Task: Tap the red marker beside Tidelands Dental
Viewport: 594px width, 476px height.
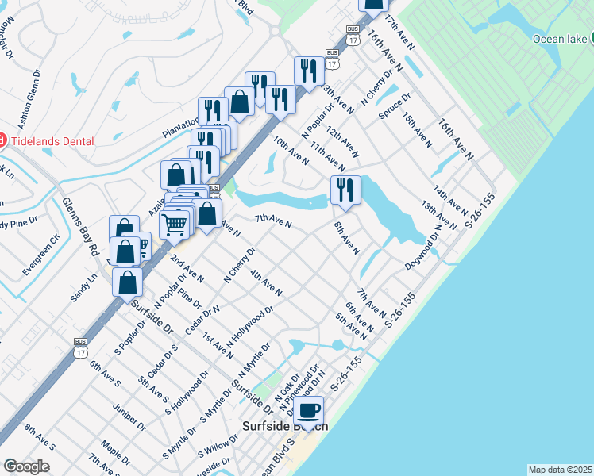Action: pyautogui.click(x=2, y=141)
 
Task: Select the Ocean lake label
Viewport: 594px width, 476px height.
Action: pyautogui.click(x=559, y=40)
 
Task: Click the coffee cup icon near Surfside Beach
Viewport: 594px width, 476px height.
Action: pyautogui.click(x=309, y=411)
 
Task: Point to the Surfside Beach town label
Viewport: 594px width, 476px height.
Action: pyautogui.click(x=284, y=427)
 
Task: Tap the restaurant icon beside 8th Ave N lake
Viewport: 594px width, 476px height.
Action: pyautogui.click(x=345, y=190)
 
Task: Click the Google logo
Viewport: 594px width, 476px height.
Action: pyautogui.click(x=26, y=466)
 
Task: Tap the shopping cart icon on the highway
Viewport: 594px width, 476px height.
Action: pyautogui.click(x=175, y=223)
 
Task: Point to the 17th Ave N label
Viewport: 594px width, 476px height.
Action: pyautogui.click(x=400, y=33)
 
